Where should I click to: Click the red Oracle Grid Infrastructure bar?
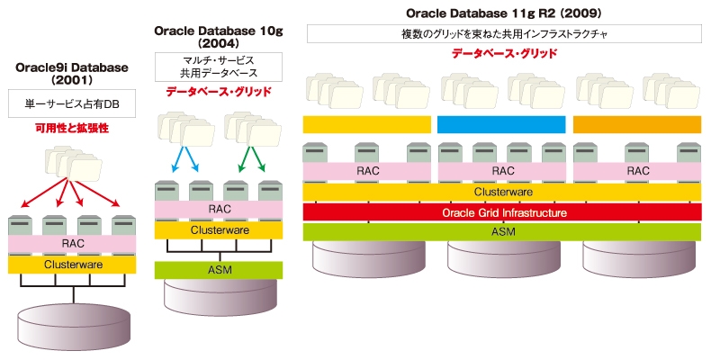point(502,212)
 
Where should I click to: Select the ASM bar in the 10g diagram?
point(219,270)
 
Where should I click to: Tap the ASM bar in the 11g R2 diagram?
point(502,231)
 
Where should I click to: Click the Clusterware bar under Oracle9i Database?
point(72,265)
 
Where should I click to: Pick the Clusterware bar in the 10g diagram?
point(219,229)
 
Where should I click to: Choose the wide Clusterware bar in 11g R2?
point(502,192)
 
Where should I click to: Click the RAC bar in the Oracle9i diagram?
point(72,244)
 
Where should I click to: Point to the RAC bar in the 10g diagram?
point(219,209)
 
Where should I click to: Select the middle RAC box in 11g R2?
point(501,171)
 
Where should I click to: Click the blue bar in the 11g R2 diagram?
point(501,125)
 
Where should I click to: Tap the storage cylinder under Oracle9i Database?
point(74,325)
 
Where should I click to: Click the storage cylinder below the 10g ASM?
point(220,296)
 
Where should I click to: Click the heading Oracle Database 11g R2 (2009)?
point(504,13)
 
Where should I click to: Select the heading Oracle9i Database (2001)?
point(72,74)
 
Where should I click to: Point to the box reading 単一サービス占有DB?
point(72,103)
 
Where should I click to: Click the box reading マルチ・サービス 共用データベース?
point(219,67)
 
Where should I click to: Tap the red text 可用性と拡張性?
point(72,129)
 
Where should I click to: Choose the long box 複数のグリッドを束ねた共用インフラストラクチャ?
point(504,34)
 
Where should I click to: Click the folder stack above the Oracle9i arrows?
point(74,162)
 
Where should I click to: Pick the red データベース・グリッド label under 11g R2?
point(504,53)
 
